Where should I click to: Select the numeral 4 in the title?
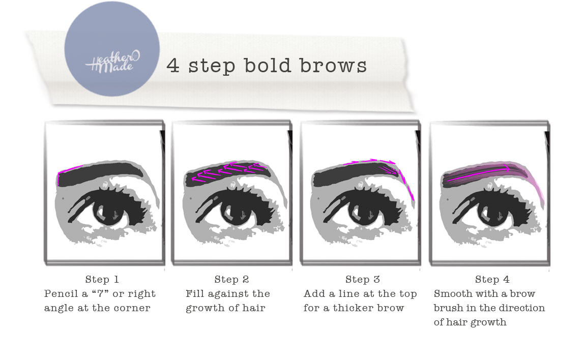point(173,66)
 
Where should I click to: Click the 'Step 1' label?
point(102,279)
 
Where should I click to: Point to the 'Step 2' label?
point(231,279)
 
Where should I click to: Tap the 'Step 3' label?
point(362,279)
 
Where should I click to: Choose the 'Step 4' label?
point(492,279)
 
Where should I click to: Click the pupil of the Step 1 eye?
point(108,211)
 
